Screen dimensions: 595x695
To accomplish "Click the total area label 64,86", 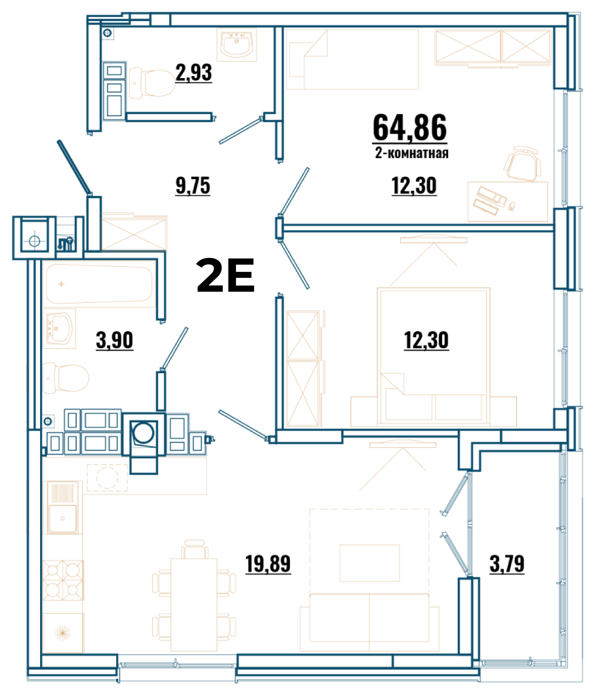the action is click(410, 128).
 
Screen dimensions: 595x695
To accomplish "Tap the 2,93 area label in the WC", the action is click(194, 73).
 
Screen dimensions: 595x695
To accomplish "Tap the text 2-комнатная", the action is click(412, 153).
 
